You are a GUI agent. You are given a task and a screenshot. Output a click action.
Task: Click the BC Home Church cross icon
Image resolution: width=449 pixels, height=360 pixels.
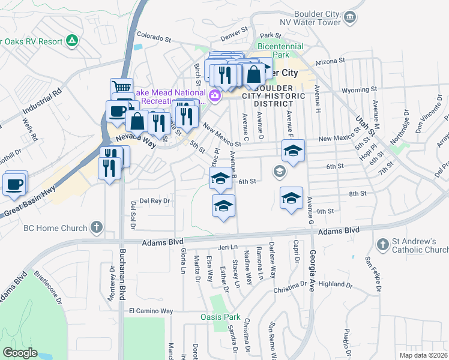97,227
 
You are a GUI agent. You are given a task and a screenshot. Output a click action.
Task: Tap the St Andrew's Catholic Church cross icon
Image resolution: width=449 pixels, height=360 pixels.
383,244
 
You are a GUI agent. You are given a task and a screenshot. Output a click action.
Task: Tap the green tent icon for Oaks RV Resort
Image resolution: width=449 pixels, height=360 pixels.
72,41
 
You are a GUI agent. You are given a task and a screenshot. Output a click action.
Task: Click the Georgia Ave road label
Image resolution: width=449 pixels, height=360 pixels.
312,282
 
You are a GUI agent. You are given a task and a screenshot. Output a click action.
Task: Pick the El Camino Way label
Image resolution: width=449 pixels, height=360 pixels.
151,311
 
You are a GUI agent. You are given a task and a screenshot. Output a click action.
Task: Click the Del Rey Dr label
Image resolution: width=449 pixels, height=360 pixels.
155,201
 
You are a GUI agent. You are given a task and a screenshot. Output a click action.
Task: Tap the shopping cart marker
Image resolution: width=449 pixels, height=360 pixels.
122,87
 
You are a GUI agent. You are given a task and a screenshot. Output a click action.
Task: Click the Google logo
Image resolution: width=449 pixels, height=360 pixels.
20,352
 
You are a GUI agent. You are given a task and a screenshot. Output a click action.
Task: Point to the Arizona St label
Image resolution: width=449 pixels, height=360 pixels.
330,61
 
